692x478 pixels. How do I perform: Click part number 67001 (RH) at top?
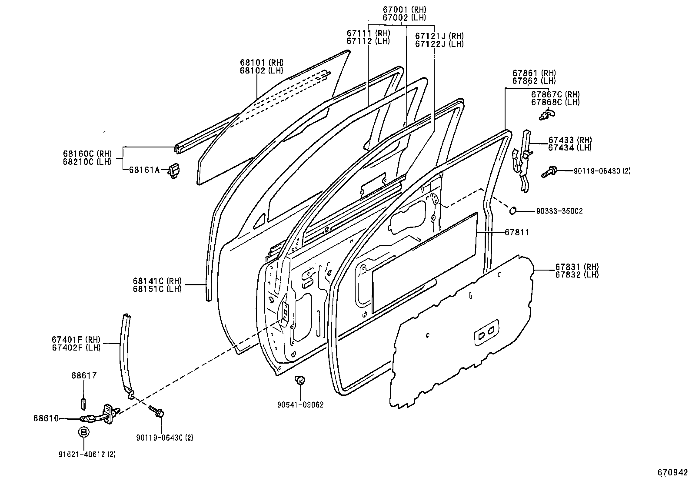click(404, 10)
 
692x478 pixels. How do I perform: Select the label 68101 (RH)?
click(261, 63)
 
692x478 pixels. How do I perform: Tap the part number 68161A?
click(144, 170)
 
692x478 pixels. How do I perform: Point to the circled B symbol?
click(84, 432)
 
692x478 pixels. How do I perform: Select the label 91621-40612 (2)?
click(87, 455)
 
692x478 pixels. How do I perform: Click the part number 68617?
click(83, 375)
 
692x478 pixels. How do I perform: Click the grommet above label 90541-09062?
click(299, 381)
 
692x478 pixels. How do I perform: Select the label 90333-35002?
click(559, 211)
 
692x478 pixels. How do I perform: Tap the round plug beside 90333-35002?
click(513, 211)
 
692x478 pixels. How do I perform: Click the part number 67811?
click(517, 233)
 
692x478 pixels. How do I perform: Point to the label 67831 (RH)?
click(576, 267)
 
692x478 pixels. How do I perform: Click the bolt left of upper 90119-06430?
click(548, 172)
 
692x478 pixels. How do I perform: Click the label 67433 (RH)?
click(570, 140)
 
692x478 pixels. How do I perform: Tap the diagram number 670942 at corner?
click(672, 472)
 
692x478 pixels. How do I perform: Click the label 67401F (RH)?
click(76, 340)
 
